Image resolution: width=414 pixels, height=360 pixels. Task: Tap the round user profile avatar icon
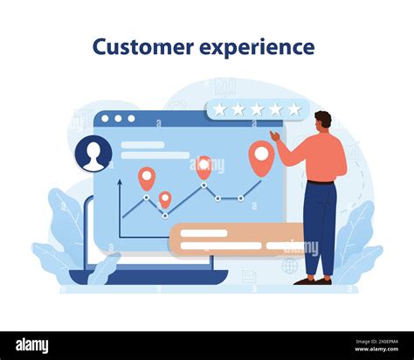(93, 155)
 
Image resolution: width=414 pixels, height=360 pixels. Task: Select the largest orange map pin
(260, 156)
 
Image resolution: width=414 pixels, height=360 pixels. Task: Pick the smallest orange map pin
(165, 199)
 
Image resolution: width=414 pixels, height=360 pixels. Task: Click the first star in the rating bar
(220, 109)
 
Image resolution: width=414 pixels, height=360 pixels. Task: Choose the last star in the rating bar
(294, 109)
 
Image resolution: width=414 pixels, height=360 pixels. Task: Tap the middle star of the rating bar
(257, 109)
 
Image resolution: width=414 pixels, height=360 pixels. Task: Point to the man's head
(322, 121)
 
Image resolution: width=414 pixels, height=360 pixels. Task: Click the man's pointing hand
(273, 135)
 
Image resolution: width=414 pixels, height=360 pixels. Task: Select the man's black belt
(320, 183)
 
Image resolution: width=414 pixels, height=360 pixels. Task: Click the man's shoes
(313, 280)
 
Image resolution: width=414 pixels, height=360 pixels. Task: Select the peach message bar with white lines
(236, 239)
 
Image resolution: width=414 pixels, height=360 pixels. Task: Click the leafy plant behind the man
(359, 245)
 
